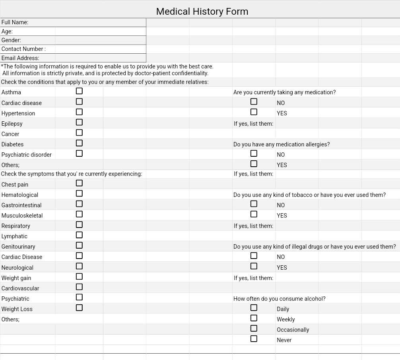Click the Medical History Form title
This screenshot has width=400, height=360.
(202, 12)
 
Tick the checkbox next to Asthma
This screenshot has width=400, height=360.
(79, 91)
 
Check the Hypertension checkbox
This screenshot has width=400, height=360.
(79, 112)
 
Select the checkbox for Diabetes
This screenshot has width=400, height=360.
(79, 143)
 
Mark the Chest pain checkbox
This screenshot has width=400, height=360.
(79, 183)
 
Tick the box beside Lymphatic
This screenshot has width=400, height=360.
(79, 235)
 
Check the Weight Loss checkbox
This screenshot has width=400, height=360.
(79, 307)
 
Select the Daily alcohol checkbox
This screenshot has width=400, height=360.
(254, 307)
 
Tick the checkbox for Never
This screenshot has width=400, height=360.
(254, 339)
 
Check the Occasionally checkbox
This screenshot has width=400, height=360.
(254, 328)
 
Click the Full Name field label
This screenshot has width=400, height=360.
(15, 23)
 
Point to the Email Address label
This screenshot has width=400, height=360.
(20, 58)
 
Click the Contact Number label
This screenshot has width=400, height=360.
(23, 49)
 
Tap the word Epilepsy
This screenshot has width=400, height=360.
(12, 124)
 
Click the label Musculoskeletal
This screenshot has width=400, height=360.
(22, 216)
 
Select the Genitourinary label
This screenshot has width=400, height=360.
(18, 247)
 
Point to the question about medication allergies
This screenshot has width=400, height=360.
(282, 144)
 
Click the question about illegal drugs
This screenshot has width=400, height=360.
(315, 247)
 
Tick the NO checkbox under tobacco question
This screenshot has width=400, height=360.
(254, 204)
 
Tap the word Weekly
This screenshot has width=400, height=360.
(285, 319)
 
